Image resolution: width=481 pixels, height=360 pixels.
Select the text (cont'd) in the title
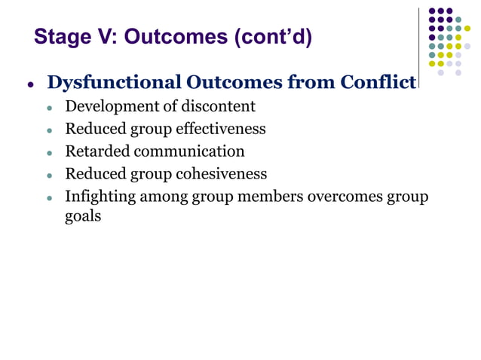click(275, 36)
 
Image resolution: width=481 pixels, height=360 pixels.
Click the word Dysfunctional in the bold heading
click(112, 82)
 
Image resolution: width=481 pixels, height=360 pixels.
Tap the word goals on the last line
click(83, 215)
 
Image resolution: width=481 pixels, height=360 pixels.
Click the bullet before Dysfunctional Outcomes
click(31, 84)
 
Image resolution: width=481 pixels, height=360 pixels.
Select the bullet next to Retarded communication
click(50, 153)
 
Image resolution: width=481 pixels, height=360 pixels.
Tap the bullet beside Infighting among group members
click(50, 198)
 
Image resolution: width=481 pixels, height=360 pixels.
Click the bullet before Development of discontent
click(50, 108)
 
